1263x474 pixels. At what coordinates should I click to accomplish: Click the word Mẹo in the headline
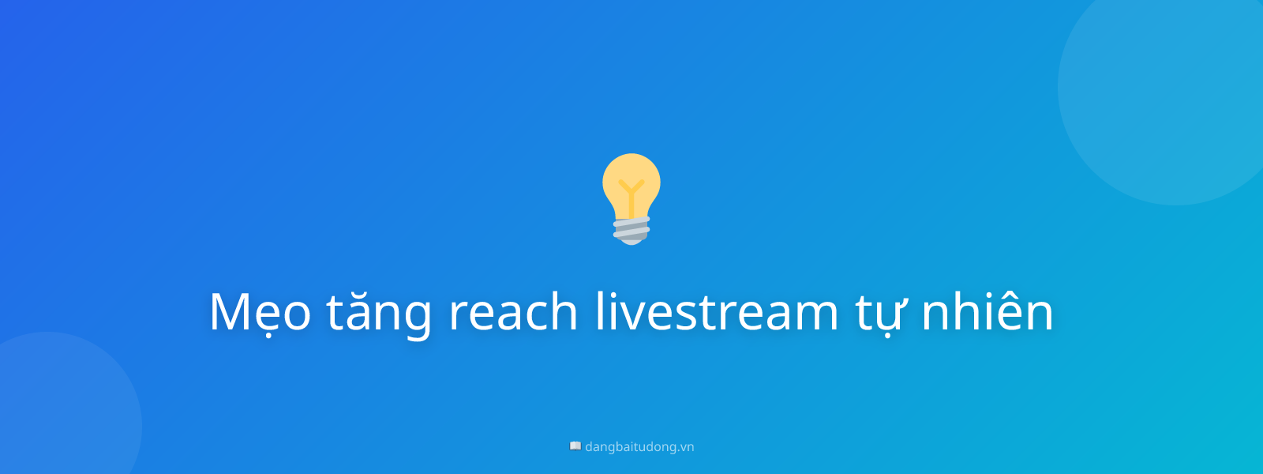(260, 312)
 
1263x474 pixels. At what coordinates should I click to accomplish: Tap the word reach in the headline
(514, 312)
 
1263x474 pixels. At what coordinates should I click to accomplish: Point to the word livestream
(717, 312)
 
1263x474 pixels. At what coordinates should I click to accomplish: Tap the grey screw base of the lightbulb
(631, 230)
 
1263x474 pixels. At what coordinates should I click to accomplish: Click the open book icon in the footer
(575, 446)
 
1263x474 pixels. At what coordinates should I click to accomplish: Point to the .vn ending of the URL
(686, 446)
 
